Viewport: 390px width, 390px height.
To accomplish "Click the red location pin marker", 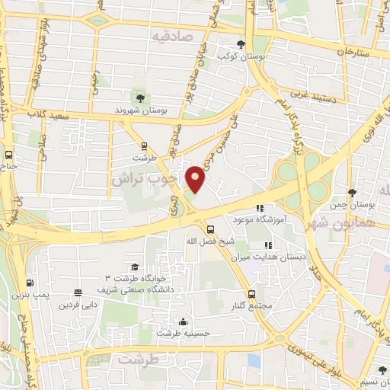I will coord(197,179).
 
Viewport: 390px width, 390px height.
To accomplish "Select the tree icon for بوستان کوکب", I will coord(241,44).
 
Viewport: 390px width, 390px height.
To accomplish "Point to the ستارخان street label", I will coord(356,53).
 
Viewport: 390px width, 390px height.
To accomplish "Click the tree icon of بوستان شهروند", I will coord(139,97).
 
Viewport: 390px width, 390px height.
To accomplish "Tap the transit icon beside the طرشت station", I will coord(144,145).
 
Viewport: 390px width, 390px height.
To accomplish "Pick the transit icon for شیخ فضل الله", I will coord(210,229).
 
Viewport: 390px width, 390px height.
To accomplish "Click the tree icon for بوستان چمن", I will coord(351,193).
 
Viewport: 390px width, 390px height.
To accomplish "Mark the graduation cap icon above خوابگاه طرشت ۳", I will coord(135,267).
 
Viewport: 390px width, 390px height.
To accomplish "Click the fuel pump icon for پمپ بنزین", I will coord(30,282).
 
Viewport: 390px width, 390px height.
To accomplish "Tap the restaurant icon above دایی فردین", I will coord(78,293).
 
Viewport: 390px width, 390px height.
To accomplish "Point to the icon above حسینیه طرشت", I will coord(182,321).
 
